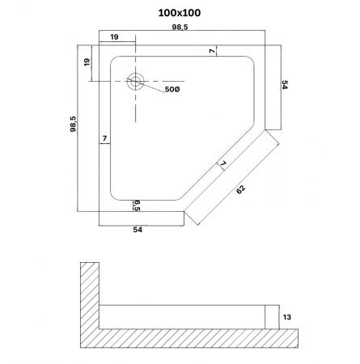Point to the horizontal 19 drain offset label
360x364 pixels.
115,37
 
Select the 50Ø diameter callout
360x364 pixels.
172,90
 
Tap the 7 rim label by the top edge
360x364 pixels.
213,51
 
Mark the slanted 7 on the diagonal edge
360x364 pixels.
223,165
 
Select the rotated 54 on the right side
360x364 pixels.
286,87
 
